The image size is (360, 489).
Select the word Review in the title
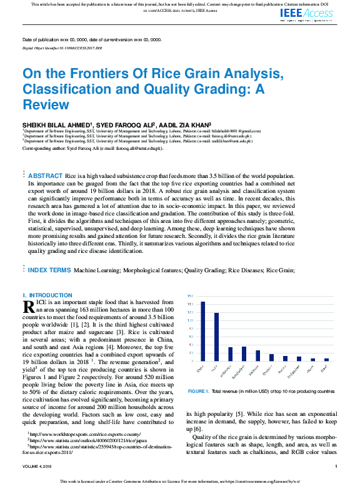(x=46, y=104)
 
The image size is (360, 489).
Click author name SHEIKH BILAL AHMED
(x=56, y=125)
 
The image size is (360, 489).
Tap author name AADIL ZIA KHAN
(x=184, y=125)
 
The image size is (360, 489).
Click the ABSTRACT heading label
(x=45, y=177)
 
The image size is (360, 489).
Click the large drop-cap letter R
(x=28, y=306)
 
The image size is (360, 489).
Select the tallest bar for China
(x=202, y=331)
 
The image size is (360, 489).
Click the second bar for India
(x=216, y=337)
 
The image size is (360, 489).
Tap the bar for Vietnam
(x=257, y=355)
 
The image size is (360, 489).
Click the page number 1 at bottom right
(x=336, y=466)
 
